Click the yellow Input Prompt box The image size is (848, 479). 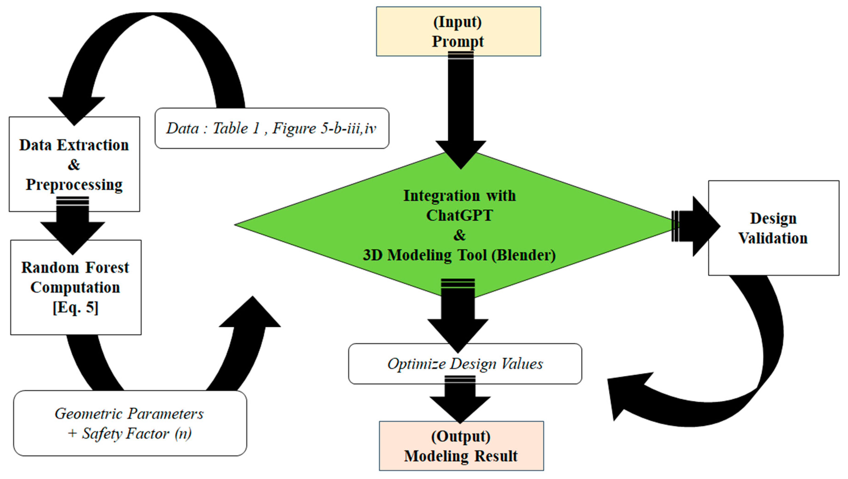coord(458,31)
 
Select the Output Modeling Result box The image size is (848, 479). coord(461,446)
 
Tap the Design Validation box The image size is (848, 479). coord(774,228)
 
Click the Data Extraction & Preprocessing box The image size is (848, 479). coord(74,164)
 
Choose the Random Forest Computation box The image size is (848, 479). coord(76,287)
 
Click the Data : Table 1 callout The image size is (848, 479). coord(272,128)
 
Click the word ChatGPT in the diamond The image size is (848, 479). coord(460,216)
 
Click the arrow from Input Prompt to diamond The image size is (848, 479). coord(461,110)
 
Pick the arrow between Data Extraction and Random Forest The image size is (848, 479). coord(73,225)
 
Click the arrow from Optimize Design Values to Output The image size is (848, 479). coord(460,399)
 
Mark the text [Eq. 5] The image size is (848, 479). coord(75,307)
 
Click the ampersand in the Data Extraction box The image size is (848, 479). coord(74,165)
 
